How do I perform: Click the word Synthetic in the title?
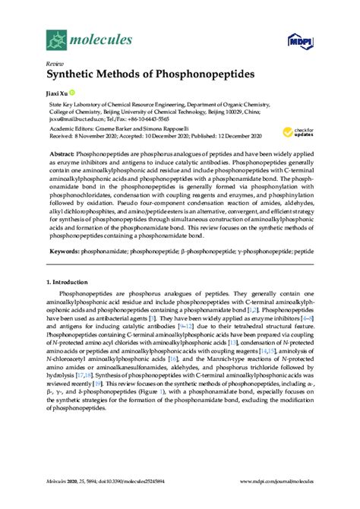[x=68, y=77]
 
